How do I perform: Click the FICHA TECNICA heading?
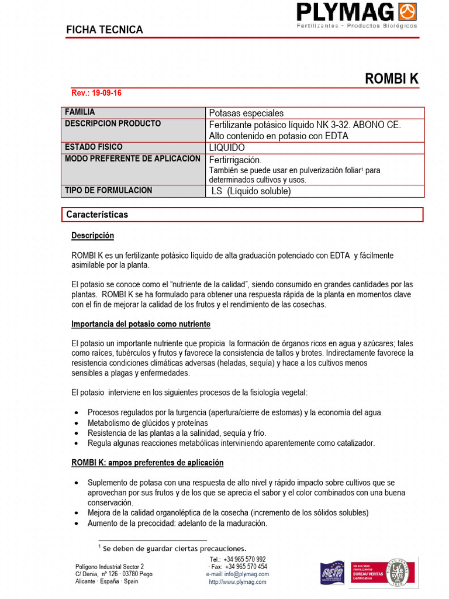click(105, 30)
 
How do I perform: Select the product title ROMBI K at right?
click(392, 79)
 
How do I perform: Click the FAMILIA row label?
click(80, 112)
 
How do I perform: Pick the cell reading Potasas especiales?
click(246, 113)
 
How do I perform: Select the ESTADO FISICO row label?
click(94, 147)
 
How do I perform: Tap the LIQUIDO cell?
click(227, 147)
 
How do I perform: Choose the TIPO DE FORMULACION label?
click(108, 190)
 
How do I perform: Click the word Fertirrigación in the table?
click(236, 160)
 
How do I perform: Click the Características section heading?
click(97, 215)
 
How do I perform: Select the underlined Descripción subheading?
click(92, 236)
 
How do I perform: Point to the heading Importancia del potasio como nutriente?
click(140, 324)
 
